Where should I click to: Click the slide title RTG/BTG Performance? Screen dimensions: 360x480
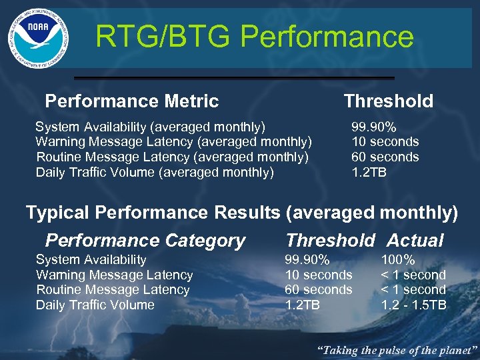click(x=254, y=37)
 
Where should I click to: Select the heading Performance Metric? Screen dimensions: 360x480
click(x=131, y=101)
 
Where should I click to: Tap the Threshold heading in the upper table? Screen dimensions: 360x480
click(x=388, y=101)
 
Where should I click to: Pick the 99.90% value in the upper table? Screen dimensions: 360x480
click(x=374, y=127)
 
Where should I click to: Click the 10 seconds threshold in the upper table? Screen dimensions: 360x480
click(x=385, y=142)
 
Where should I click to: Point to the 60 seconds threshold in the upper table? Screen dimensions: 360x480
click(x=385, y=157)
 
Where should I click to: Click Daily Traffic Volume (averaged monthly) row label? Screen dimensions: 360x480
click(x=155, y=173)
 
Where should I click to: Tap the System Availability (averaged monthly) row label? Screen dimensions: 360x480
click(x=150, y=127)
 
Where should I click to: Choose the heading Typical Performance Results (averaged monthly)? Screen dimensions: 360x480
click(x=242, y=213)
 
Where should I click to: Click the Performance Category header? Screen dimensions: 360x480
click(x=145, y=241)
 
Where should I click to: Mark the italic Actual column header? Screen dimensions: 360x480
click(x=415, y=241)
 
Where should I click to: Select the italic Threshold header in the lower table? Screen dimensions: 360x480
click(x=330, y=241)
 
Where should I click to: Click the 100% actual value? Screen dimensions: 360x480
click(x=398, y=260)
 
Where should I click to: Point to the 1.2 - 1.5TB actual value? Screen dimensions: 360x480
click(x=413, y=305)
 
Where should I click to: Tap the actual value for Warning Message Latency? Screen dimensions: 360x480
click(x=413, y=275)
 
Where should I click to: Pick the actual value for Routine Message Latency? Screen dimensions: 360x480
click(x=413, y=290)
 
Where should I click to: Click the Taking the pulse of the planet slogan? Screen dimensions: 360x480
click(x=397, y=349)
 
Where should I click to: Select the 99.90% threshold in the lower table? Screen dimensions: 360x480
click(x=307, y=260)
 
